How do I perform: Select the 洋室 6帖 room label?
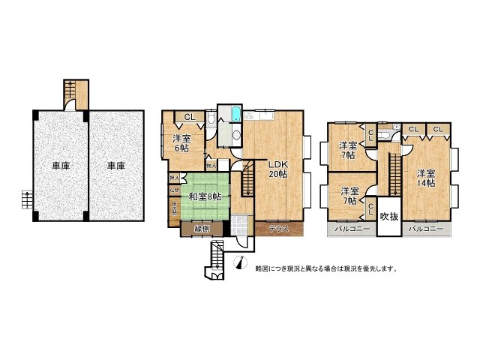pos(181,143)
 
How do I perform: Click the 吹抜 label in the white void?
pos(388,217)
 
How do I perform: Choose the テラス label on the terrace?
pos(280,228)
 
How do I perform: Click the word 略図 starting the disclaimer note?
pos(262,268)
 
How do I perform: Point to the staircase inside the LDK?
pos(247,181)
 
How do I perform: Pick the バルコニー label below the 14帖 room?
pos(426,228)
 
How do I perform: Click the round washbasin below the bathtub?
pos(235,135)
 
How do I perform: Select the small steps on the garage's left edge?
pos(26,200)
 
